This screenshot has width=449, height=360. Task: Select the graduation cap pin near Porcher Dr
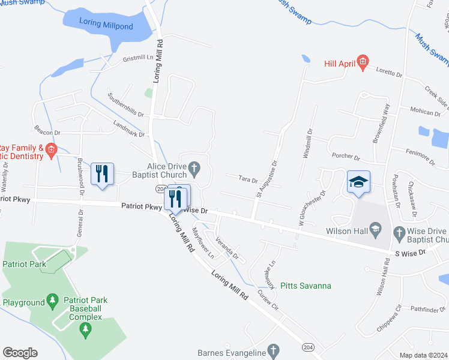(358, 182)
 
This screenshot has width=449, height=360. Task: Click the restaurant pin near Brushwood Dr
(101, 174)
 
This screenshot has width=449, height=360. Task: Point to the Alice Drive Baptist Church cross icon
(194, 166)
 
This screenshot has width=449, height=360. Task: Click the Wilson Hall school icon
(375, 229)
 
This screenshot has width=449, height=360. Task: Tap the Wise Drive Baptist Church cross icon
(399, 232)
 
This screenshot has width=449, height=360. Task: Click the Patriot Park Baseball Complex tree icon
(85, 328)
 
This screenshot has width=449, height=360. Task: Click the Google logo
(20, 353)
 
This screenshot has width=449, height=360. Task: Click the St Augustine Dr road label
(267, 178)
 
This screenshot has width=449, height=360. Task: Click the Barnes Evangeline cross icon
(273, 350)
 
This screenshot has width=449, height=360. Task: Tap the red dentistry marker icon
(51, 150)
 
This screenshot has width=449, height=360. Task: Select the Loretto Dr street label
(388, 73)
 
